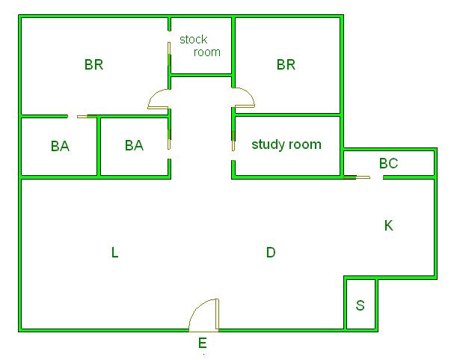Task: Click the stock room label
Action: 200,46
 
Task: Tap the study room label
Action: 286,144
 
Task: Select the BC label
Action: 389,163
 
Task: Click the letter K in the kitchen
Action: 389,225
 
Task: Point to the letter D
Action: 271,252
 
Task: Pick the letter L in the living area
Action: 114,252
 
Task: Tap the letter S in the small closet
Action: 361,305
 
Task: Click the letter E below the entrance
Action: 203,344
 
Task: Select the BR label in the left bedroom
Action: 93,64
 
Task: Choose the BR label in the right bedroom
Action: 286,64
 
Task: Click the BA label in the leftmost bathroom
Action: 60,146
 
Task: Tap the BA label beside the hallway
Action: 134,145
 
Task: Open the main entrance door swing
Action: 204,315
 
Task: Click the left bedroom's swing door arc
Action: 158,99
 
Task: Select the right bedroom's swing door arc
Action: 245,97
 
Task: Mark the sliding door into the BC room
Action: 357,177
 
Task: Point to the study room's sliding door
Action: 233,141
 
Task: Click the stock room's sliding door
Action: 169,54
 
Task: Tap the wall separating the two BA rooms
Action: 99,146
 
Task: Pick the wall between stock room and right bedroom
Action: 233,52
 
